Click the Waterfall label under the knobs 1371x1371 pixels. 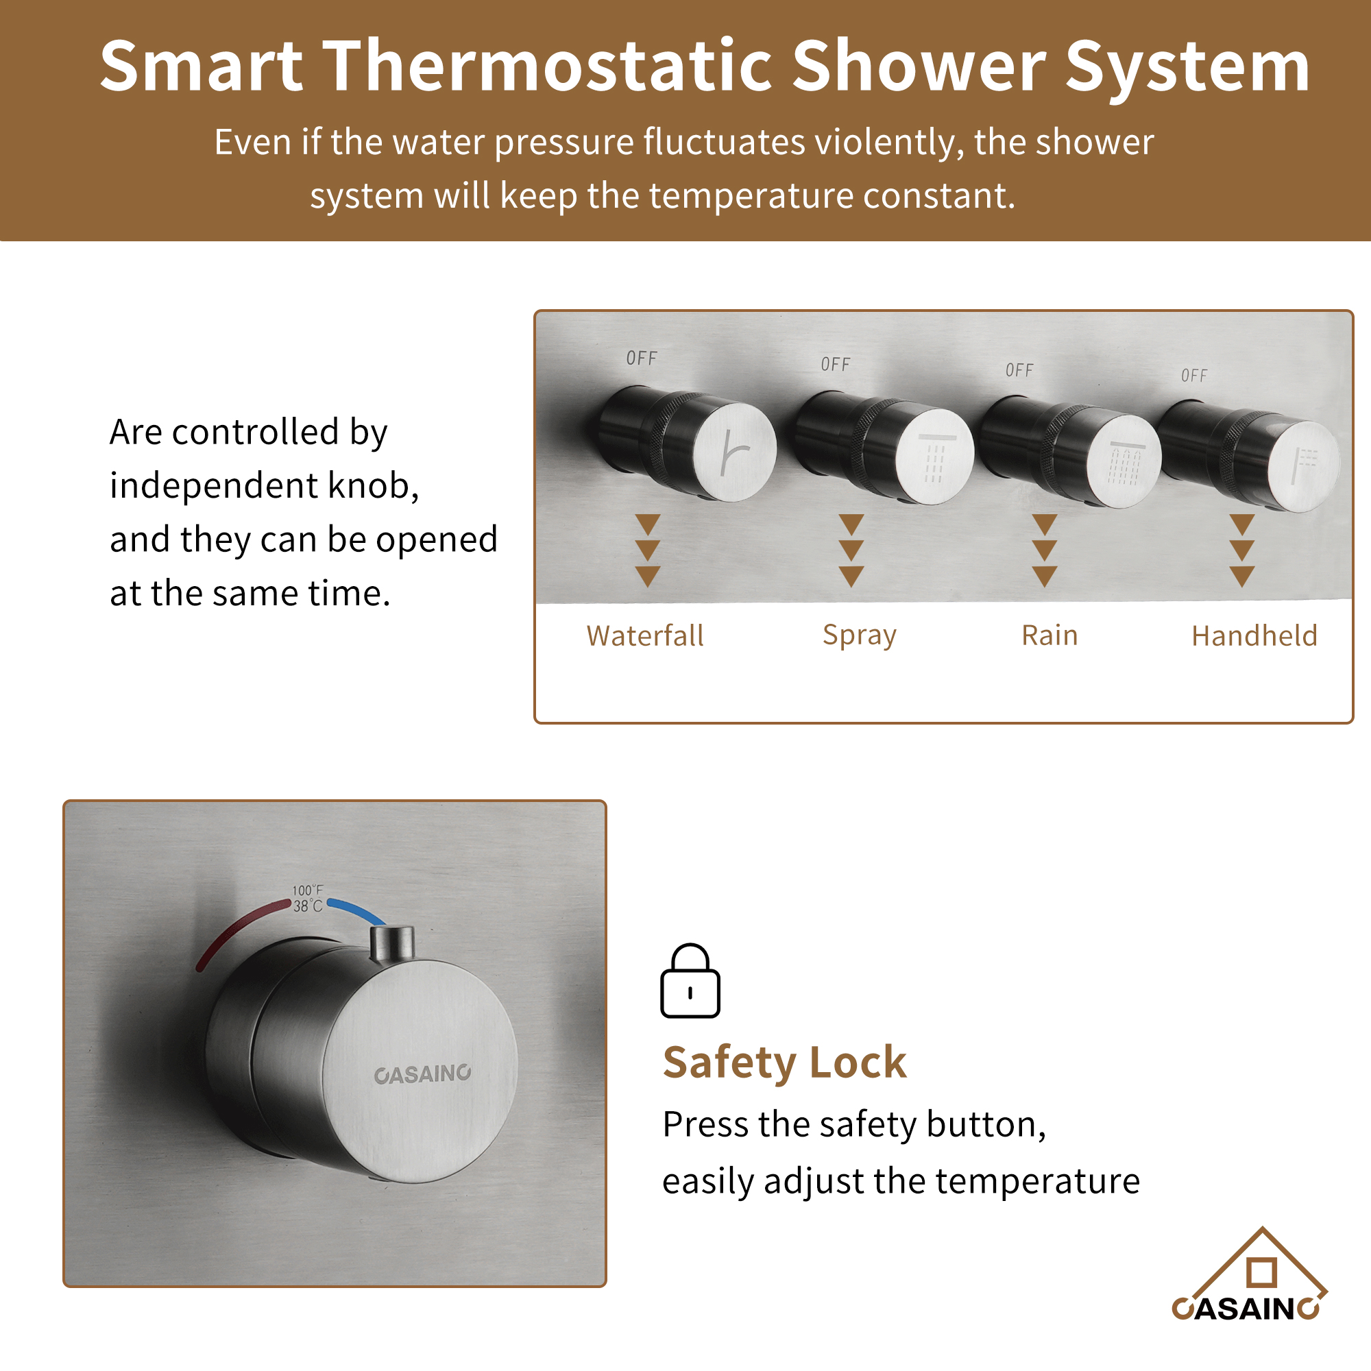tap(644, 636)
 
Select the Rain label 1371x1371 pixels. tap(1050, 636)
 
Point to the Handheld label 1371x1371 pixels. tap(1254, 636)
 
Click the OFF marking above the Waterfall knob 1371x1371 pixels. tap(642, 359)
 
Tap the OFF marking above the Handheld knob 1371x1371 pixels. tap(1194, 376)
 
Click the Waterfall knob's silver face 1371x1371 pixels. tap(734, 452)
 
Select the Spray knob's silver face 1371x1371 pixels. tap(934, 457)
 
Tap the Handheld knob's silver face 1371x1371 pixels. tap(1303, 465)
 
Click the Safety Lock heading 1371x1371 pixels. tap(784, 1063)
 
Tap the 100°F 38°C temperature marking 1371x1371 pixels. tap(308, 899)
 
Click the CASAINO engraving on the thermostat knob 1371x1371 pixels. tap(422, 1073)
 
